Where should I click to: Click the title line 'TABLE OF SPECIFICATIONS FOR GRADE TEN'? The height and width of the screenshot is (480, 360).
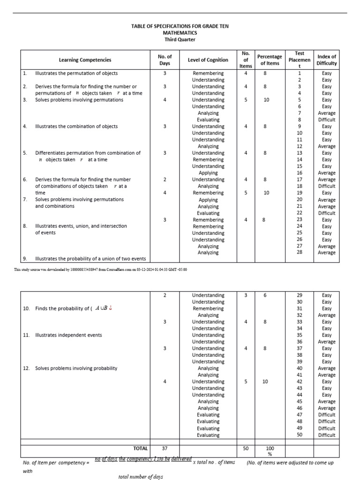180,27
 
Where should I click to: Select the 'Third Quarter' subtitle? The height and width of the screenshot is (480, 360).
180,40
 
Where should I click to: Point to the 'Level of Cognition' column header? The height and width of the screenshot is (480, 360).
208,60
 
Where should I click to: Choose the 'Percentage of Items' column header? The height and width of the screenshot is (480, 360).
270,60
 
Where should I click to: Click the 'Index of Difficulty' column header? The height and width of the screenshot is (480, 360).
326,60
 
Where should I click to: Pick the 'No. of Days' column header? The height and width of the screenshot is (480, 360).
165,60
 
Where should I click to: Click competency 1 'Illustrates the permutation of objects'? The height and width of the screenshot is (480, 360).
76,74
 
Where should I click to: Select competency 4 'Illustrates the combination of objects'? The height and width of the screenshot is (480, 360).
76,127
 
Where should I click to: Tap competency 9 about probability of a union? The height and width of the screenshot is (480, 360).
90,259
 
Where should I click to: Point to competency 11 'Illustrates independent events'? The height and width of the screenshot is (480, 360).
68,335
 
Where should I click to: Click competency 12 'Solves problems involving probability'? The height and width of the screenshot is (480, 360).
76,368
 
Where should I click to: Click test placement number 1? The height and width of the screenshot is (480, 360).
300,74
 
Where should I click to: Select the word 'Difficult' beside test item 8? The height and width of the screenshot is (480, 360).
326,120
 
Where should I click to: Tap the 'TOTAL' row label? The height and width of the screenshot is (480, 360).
140,449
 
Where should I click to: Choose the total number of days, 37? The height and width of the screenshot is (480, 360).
165,449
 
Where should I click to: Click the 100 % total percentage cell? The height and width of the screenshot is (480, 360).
270,451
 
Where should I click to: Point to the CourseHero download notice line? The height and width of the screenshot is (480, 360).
100,270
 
